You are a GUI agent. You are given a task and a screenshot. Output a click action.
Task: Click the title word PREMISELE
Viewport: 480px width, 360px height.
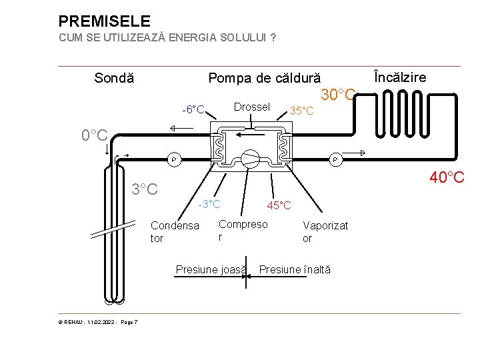click(105, 21)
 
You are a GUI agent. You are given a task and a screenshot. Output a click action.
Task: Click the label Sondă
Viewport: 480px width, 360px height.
click(114, 78)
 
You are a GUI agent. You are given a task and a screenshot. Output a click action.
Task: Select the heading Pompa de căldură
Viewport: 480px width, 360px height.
click(265, 78)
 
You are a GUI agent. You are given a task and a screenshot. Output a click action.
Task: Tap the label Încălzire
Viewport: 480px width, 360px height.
click(400, 77)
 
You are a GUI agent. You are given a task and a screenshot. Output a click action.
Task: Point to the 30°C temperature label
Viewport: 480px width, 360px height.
click(339, 95)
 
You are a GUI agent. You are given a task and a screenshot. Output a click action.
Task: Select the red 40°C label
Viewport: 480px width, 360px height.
click(447, 177)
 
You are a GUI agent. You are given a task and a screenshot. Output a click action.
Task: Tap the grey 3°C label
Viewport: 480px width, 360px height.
click(145, 189)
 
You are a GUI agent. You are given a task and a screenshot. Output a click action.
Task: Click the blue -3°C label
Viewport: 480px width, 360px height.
click(209, 203)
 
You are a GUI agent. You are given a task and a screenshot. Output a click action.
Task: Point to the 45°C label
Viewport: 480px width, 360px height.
click(279, 205)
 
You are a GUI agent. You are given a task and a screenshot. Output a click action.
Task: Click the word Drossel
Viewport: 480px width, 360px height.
click(251, 107)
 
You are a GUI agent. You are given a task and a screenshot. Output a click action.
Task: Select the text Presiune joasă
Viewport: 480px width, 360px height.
click(210, 269)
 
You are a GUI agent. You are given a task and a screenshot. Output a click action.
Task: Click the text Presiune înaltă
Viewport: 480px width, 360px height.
click(294, 269)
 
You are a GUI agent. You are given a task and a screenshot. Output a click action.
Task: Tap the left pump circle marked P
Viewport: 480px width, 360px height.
click(173, 159)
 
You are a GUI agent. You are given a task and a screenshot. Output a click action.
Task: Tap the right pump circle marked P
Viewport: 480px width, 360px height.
click(335, 159)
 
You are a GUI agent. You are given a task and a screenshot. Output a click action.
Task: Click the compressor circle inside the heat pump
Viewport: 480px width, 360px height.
click(250, 158)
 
